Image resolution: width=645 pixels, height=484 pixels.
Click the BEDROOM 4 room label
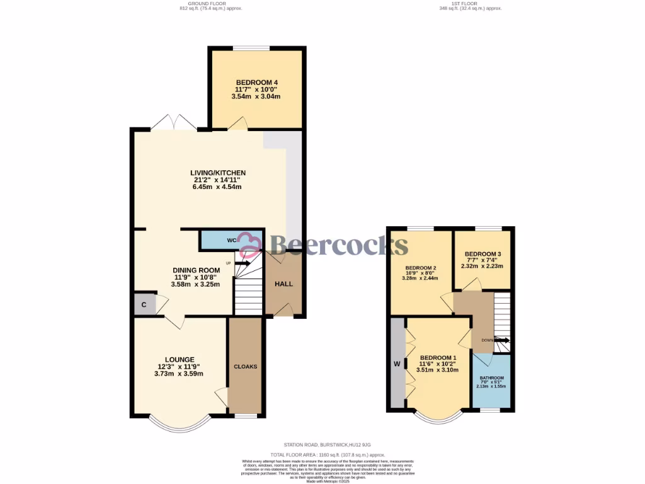[257, 83]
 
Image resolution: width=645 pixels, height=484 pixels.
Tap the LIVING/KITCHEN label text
[218, 173]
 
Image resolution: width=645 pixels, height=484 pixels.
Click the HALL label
[283, 284]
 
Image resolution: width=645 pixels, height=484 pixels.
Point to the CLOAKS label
[245, 367]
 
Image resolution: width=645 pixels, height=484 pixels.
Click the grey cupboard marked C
[144, 305]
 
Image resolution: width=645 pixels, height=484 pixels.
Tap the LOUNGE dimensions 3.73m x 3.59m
[179, 374]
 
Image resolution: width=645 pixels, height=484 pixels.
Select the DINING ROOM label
[197, 270]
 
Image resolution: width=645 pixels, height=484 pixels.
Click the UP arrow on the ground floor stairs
[243, 263]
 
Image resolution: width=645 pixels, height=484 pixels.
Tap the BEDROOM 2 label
[421, 266]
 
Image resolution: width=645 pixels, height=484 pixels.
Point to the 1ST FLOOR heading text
[464, 3]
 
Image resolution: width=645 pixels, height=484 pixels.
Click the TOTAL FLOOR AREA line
[328, 454]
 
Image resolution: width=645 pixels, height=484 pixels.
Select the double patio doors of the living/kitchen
[173, 123]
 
